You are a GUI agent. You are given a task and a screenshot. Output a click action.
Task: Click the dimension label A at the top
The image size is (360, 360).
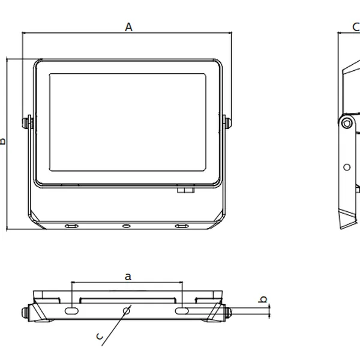click(128, 26)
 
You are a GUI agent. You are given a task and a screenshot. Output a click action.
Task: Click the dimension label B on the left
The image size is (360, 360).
click(3, 142)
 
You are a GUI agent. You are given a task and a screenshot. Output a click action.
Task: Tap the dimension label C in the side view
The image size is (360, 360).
click(355, 27)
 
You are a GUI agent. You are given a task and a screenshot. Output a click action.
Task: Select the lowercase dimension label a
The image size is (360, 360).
click(127, 277)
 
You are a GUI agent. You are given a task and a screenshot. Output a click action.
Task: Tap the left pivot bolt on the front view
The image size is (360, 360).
click(26, 122)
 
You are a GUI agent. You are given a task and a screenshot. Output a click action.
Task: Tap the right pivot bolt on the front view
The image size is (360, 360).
click(227, 122)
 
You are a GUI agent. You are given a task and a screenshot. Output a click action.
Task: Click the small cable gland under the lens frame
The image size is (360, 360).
click(185, 190)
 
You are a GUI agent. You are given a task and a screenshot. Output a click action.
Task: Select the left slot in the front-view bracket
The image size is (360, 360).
click(71, 226)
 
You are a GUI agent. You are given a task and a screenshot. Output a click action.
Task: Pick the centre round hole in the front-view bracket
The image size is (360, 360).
click(127, 226)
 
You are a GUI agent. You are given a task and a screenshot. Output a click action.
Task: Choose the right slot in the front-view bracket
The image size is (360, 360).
click(181, 226)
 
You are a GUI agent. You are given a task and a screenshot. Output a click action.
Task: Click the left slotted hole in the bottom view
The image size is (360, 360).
click(71, 311)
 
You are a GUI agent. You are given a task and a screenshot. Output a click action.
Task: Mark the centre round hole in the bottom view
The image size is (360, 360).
click(127, 310)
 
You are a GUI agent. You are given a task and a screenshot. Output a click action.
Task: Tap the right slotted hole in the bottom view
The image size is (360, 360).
click(181, 311)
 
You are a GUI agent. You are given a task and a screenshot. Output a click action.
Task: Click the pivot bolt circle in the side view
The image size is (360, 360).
click(346, 122)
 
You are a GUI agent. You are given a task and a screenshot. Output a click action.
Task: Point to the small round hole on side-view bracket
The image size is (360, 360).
click(347, 167)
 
